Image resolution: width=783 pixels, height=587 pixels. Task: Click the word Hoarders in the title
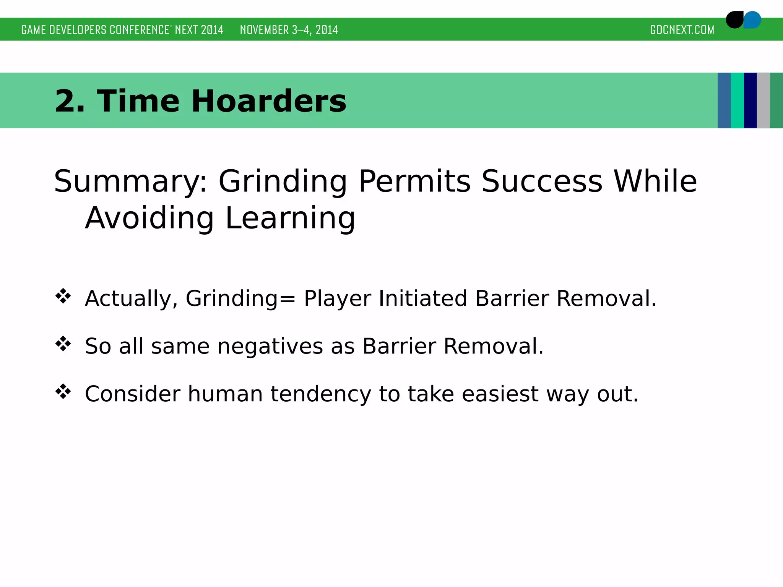[268, 101]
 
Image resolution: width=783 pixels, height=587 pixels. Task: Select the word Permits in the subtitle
[414, 182]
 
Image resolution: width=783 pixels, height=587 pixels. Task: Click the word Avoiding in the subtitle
[149, 218]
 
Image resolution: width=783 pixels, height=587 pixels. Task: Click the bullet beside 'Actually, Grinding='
[63, 297]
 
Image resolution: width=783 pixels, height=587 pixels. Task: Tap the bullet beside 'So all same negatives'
[63, 344]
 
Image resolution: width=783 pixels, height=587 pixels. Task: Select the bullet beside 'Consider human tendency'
[63, 392]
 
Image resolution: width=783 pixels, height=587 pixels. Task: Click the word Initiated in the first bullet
[423, 298]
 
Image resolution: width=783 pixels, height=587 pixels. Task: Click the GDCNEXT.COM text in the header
[682, 30]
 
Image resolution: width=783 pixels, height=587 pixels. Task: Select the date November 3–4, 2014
[289, 30]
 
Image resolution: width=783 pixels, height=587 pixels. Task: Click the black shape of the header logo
[734, 20]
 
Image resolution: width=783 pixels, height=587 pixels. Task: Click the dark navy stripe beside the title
[750, 100]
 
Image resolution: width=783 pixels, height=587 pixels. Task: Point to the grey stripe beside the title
[763, 100]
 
